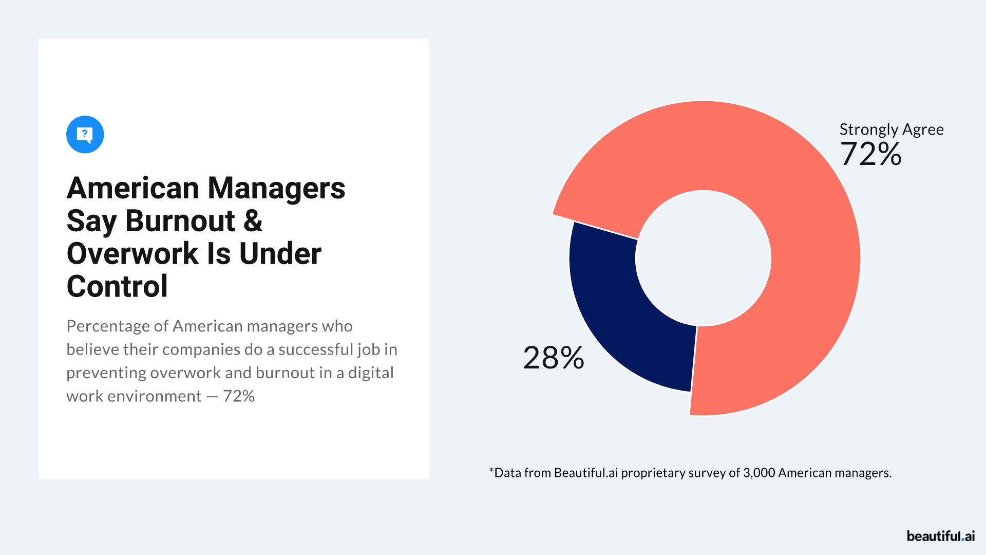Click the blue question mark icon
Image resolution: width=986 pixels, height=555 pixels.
[85, 135]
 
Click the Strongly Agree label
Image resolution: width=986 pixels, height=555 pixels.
[891, 129]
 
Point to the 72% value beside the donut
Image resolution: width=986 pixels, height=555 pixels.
[870, 154]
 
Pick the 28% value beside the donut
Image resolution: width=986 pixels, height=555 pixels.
[553, 358]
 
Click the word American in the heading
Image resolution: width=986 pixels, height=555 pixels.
[132, 188]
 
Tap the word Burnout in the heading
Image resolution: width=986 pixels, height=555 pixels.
[180, 221]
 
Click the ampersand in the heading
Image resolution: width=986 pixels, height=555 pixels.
[253, 221]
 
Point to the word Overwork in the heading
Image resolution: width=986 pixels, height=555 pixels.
[132, 254]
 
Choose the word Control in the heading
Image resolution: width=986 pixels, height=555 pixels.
[117, 286]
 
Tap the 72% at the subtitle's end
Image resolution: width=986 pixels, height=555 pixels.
[239, 396]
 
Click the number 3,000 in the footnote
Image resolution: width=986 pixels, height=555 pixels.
[759, 473]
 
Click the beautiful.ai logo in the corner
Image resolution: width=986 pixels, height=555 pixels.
[940, 536]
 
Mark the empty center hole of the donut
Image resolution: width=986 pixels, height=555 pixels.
[703, 258]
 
